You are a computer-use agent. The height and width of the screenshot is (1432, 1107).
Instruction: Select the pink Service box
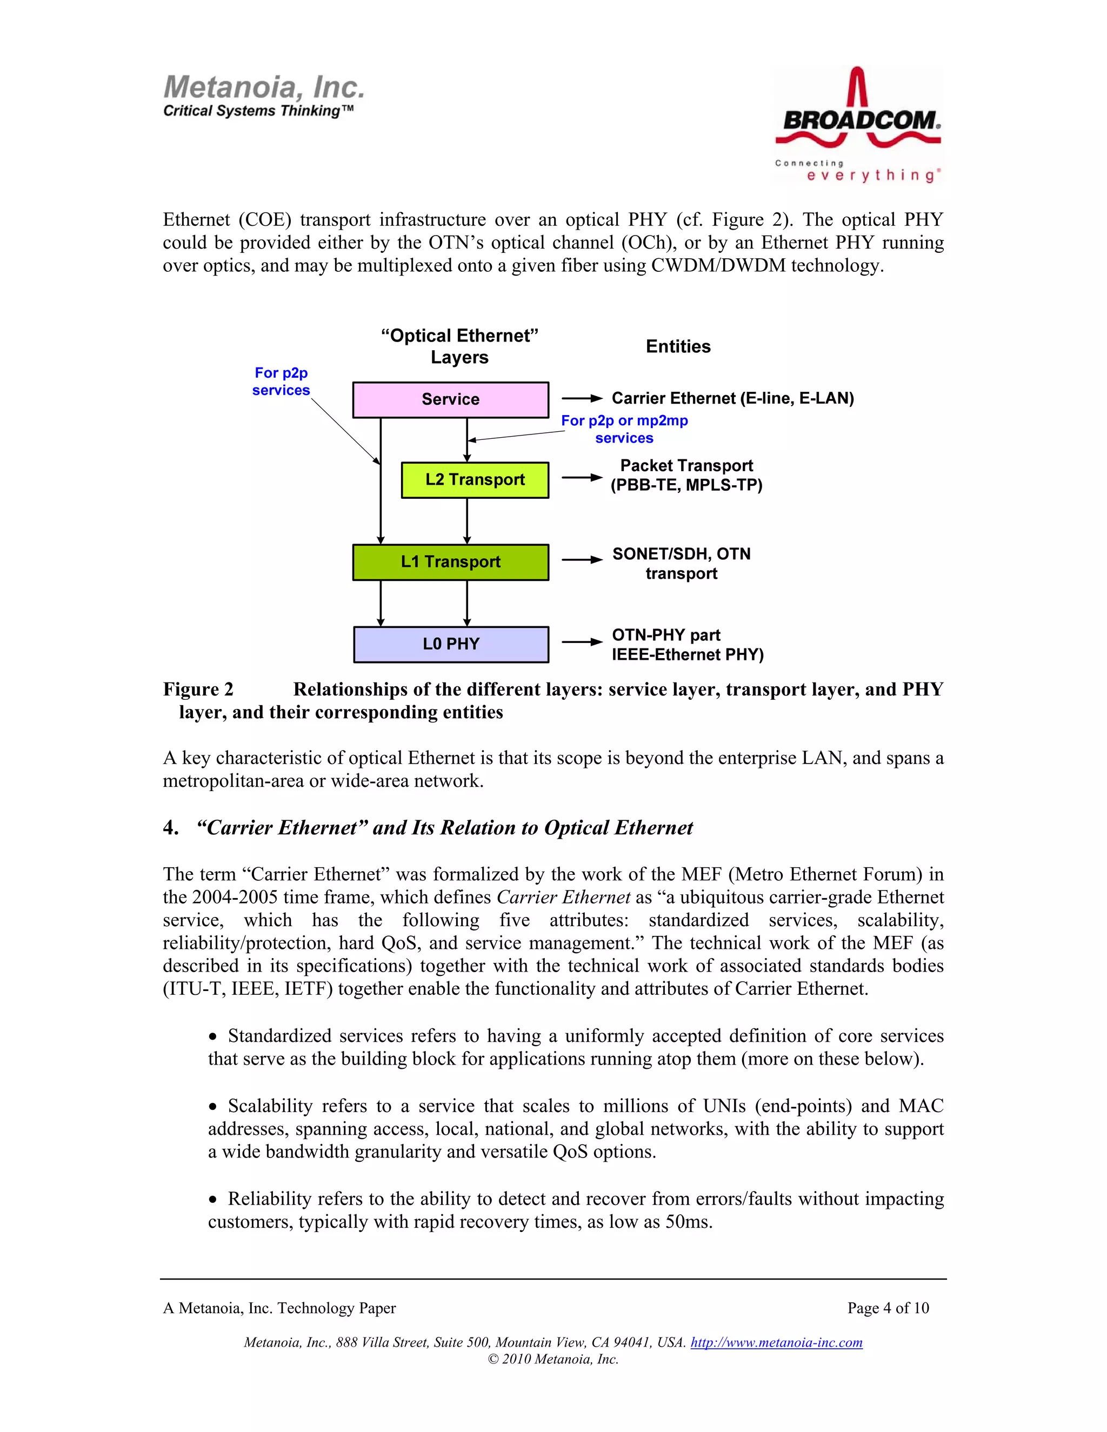tap(451, 399)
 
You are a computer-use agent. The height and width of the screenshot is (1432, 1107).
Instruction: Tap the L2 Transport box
tap(475, 480)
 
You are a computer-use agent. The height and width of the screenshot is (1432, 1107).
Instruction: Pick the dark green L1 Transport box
tap(451, 562)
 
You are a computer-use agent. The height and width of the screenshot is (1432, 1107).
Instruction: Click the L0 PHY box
tap(451, 644)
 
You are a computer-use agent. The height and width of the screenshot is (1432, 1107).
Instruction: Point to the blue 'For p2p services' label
tap(281, 382)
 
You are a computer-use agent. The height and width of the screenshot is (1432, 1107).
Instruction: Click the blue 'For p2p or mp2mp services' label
tap(624, 430)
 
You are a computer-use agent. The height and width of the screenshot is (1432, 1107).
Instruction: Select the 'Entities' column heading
tap(678, 347)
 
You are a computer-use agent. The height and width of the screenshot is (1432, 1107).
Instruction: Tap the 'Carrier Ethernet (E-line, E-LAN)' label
tap(732, 399)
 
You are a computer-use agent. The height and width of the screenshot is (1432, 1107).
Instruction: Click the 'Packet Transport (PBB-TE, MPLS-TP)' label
tap(686, 476)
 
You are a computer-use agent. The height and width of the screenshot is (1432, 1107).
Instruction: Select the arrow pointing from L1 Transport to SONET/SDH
tap(582, 560)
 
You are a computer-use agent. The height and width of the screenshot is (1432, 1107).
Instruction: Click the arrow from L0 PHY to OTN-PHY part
tap(582, 642)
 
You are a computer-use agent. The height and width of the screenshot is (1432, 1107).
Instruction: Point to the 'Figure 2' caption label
tap(198, 690)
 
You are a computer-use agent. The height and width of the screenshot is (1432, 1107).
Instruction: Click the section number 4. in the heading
tap(170, 828)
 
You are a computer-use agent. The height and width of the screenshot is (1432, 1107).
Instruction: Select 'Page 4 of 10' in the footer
tap(888, 1308)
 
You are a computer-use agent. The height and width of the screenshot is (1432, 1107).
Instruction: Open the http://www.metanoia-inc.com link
tap(777, 1342)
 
